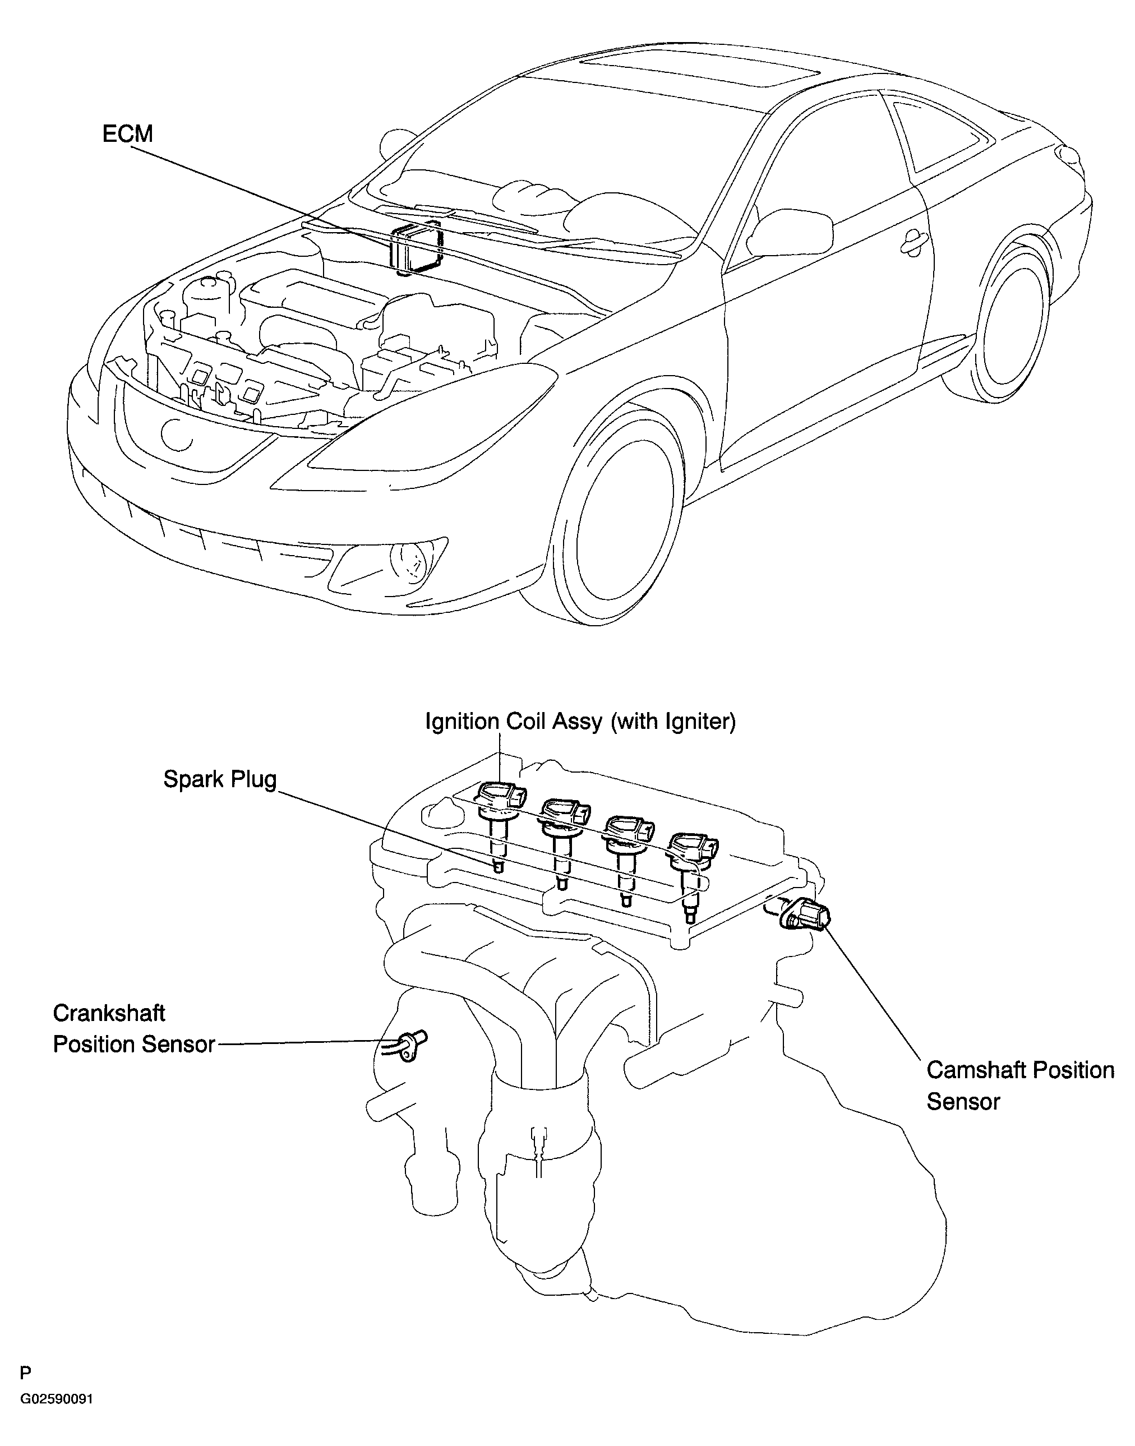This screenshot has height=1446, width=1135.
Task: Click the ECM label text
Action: [x=128, y=133]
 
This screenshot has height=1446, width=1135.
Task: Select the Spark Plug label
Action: [x=220, y=779]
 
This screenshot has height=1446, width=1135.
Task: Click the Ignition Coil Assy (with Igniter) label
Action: [x=580, y=722]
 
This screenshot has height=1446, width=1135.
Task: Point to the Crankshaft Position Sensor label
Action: [x=133, y=1029]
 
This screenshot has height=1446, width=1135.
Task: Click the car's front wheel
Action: [x=617, y=518]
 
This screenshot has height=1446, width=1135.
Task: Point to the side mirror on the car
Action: [x=791, y=230]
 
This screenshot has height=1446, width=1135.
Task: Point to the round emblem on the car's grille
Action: [x=176, y=433]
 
